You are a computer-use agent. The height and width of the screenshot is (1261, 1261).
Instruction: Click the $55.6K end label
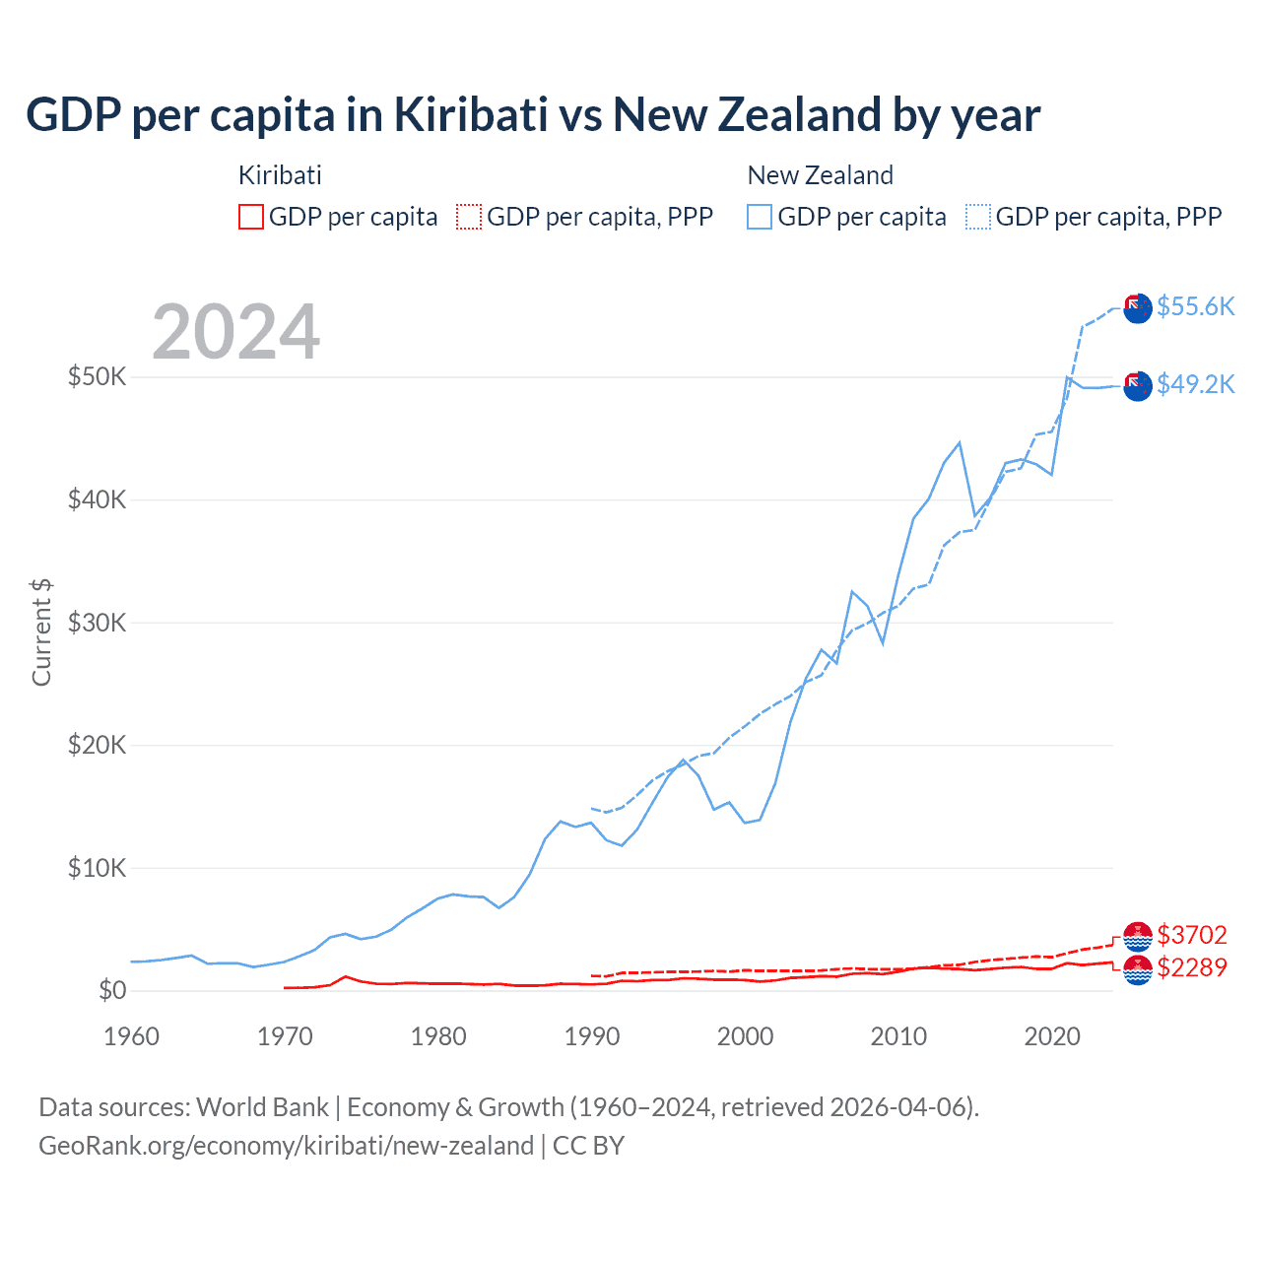click(1195, 306)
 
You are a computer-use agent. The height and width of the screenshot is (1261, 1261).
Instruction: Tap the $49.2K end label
click(1195, 384)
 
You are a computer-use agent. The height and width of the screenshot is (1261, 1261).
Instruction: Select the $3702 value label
click(1192, 935)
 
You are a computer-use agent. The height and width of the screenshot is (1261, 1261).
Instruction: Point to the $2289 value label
click(1192, 967)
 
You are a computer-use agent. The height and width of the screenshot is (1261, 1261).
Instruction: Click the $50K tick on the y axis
click(97, 376)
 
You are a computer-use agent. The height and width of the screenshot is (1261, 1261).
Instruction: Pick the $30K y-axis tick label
click(97, 623)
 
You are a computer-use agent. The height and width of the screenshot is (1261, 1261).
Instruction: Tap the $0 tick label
click(112, 990)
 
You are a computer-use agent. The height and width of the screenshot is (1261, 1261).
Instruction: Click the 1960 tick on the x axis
click(132, 1036)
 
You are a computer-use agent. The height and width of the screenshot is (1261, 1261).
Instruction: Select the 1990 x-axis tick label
click(592, 1036)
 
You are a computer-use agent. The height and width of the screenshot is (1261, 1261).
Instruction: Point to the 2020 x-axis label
click(1052, 1036)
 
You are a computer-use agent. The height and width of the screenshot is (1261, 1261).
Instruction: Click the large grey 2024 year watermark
click(236, 332)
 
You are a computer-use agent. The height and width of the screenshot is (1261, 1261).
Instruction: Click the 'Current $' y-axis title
click(41, 632)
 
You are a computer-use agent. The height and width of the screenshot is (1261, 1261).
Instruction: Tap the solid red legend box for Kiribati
click(251, 217)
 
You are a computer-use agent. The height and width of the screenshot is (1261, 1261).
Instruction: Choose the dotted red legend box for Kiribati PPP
click(469, 217)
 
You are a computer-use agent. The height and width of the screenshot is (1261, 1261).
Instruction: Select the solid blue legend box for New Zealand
click(760, 217)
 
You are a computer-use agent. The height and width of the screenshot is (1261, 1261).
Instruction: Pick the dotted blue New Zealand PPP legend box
click(978, 217)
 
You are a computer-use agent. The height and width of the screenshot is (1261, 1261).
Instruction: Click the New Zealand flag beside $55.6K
click(1138, 307)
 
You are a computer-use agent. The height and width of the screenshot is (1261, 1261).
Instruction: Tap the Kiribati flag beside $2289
click(1138, 969)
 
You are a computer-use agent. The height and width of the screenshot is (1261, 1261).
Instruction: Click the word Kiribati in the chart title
click(471, 114)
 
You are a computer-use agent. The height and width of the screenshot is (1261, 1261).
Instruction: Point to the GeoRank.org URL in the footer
click(286, 1146)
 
